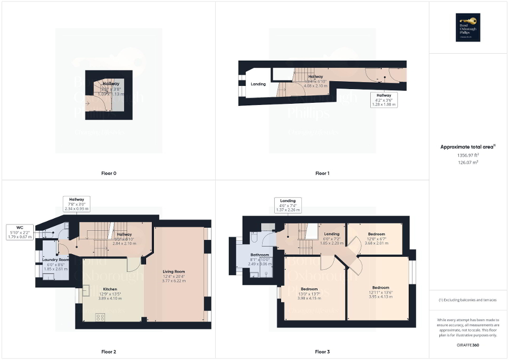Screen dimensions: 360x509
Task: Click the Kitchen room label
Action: [x=110, y=289]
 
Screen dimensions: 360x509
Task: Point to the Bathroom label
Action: [x=260, y=255]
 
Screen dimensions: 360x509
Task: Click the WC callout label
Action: [x=20, y=227]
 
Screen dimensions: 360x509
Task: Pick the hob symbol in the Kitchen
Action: [x=100, y=317]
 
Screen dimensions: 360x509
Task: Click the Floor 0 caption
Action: [x=109, y=173]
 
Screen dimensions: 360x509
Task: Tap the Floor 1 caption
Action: [x=322, y=173]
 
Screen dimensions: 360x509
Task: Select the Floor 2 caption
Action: [x=109, y=352]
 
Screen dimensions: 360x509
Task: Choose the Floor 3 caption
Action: [x=322, y=352]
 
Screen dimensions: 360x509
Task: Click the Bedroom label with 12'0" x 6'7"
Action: [x=376, y=234]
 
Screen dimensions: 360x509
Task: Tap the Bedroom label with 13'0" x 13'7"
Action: [x=309, y=289]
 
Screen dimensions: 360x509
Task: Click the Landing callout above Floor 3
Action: [x=287, y=201]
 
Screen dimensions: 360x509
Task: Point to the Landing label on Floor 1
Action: [x=258, y=84]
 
